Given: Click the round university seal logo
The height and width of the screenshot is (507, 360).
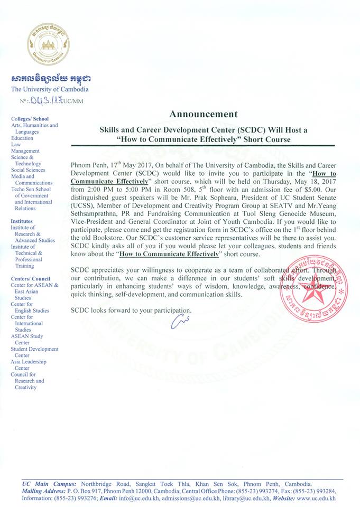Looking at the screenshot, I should pyautogui.click(x=48, y=44).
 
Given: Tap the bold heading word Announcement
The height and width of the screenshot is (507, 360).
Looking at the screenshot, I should pyautogui.click(x=204, y=114).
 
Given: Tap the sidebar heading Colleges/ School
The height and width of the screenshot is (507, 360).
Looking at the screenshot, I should pyautogui.click(x=30, y=119).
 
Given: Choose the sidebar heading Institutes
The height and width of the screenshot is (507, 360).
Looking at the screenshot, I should pyautogui.click(x=22, y=221).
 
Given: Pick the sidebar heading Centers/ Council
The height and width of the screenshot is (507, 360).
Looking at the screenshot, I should pyautogui.click(x=31, y=278).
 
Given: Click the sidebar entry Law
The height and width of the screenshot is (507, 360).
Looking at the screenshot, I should pyautogui.click(x=16, y=144).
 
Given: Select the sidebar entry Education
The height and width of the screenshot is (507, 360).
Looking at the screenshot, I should pyautogui.click(x=22, y=138).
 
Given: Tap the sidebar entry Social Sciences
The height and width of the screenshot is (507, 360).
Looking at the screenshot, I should pyautogui.click(x=28, y=170).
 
